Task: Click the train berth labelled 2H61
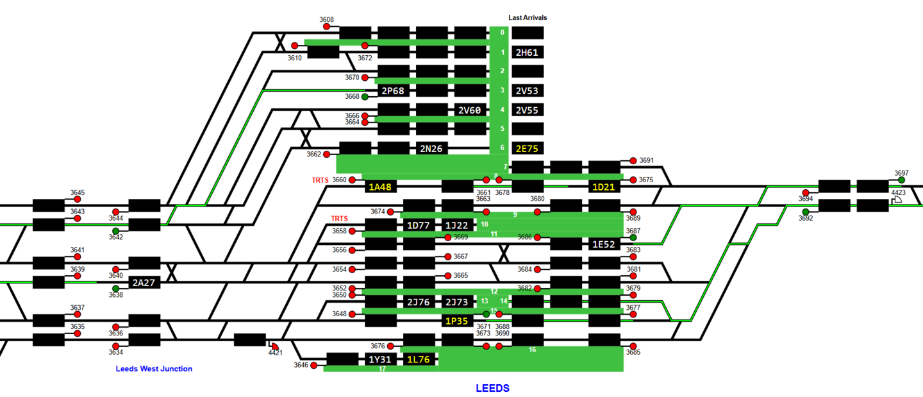point(528,53)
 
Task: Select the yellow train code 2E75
point(528,149)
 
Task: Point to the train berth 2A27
point(144,282)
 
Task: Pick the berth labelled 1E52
point(604,244)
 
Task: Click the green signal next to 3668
point(365,97)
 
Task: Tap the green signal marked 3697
point(902,180)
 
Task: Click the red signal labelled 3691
point(633,161)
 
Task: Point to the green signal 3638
point(116,289)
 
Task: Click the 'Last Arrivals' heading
point(528,18)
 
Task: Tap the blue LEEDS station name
point(492,388)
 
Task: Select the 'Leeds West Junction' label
point(154,369)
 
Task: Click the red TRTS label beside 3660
point(320,180)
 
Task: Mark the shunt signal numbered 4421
point(275,346)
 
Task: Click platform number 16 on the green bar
point(532,350)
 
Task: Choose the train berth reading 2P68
point(393,91)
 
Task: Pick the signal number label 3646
point(301,365)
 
